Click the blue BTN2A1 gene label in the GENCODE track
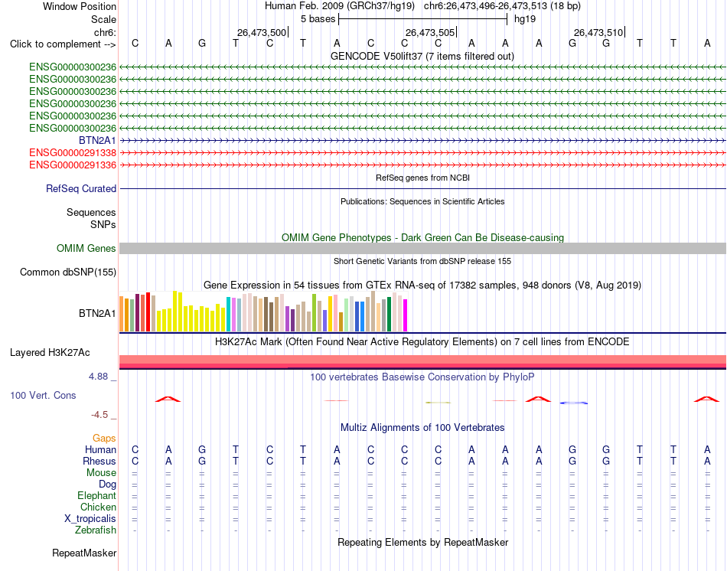click(x=97, y=141)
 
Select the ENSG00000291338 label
click(x=73, y=152)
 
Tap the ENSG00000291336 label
click(x=73, y=165)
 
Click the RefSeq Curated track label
click(x=81, y=189)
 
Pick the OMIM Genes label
click(x=86, y=248)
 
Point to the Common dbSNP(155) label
click(x=68, y=272)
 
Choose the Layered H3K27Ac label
click(x=50, y=353)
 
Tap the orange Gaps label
click(x=104, y=439)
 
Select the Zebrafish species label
click(x=96, y=530)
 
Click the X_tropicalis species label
click(x=90, y=519)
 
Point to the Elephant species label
click(x=97, y=496)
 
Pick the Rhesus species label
click(x=99, y=461)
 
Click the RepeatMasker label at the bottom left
click(x=84, y=553)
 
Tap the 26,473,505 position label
click(x=430, y=32)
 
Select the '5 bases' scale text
click(x=318, y=19)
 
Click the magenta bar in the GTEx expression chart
click(x=406, y=315)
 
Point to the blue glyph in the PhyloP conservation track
click(x=573, y=403)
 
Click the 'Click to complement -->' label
click(x=63, y=44)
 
